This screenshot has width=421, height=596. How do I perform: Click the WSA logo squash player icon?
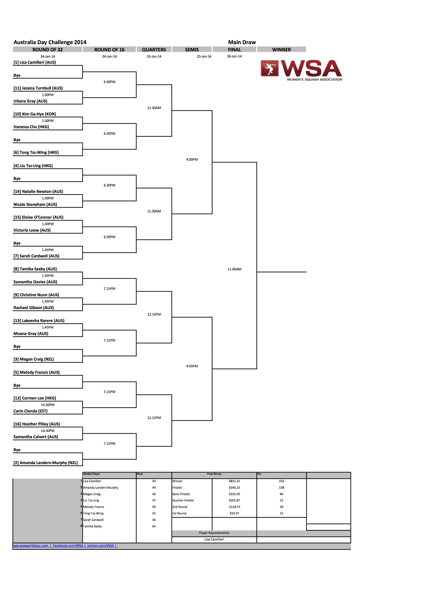point(270,68)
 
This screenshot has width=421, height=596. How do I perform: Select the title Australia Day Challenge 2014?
point(50,42)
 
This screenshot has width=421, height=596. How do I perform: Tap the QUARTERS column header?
point(154,50)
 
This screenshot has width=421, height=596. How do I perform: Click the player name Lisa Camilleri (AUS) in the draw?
point(35,62)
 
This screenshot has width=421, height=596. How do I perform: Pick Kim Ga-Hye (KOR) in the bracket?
point(35,114)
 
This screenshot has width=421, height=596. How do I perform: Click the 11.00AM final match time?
point(234,269)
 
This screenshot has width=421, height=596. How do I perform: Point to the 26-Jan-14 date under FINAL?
point(234,56)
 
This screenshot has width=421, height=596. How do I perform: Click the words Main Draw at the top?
point(242,42)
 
